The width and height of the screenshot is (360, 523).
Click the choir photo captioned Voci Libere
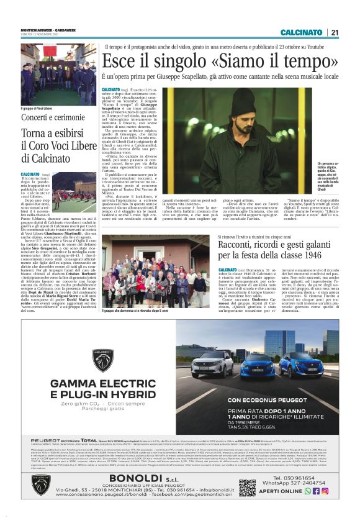[58, 75]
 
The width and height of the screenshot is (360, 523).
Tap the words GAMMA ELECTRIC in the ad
[102, 383]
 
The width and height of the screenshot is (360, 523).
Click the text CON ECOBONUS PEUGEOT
[271, 401]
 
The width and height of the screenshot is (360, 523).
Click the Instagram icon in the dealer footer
[325, 491]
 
